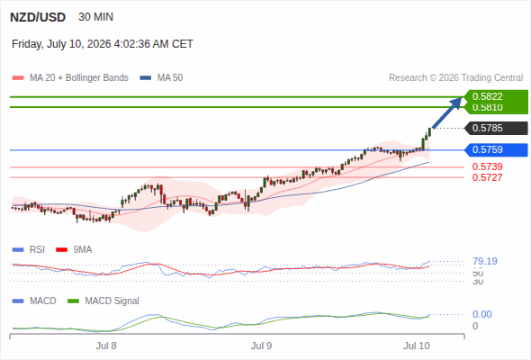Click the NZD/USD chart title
click(x=38, y=17)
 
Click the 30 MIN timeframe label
click(x=95, y=17)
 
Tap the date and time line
click(x=103, y=44)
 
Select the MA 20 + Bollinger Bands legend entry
click(x=70, y=78)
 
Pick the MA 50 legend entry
click(x=161, y=78)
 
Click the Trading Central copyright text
click(x=455, y=78)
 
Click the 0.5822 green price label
click(x=487, y=96)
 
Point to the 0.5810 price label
click(x=487, y=107)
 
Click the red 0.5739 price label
click(x=487, y=166)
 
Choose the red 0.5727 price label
click(x=487, y=177)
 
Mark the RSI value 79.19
click(x=485, y=261)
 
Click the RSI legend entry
click(x=29, y=250)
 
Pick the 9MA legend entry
click(x=74, y=250)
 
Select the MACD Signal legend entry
click(x=103, y=301)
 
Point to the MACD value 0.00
click(x=482, y=314)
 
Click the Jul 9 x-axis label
click(x=261, y=346)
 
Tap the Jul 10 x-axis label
click(x=417, y=346)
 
